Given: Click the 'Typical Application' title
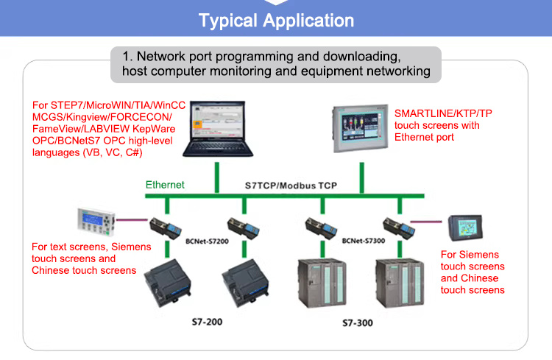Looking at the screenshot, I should [276, 20].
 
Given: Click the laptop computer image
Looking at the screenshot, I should [219, 128].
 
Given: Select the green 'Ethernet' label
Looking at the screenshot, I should [165, 185].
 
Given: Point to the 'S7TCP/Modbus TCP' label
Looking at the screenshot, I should [291, 186].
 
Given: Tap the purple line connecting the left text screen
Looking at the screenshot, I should [136, 219].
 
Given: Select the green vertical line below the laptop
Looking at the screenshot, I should [218, 177].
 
